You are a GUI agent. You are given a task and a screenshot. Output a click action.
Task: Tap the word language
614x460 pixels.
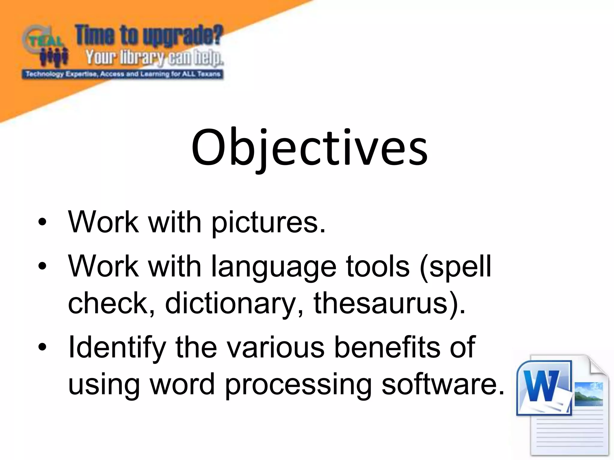[274, 267]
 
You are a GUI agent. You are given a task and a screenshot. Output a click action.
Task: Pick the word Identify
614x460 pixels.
[117, 348]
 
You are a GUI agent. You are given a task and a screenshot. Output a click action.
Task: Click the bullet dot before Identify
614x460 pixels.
[43, 347]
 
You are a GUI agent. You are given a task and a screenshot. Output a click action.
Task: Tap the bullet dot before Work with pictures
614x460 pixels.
[43, 222]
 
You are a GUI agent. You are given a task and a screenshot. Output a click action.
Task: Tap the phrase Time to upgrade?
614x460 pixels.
[149, 36]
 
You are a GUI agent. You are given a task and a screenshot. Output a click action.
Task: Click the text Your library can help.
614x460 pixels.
[154, 58]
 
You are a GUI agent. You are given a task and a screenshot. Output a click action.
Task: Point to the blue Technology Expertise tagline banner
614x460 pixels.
[123, 74]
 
